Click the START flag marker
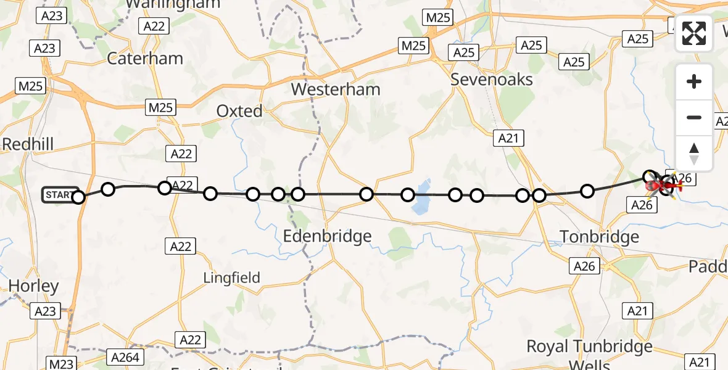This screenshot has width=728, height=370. tap(60, 195)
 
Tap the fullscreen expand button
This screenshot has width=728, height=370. tap(694, 33)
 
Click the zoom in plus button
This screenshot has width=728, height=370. tap(694, 82)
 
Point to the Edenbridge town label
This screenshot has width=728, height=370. tap(327, 236)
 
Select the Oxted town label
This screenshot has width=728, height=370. tap(239, 112)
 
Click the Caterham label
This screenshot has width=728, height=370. tap(145, 59)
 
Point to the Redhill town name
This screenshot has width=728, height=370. tap(28, 144)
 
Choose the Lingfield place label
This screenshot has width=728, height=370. tap(232, 278)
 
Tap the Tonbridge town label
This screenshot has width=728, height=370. tap(590, 236)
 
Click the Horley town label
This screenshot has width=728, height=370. tap(34, 286)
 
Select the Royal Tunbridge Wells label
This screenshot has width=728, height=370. tap(589, 354)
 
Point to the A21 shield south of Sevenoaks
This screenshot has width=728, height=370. tap(508, 139)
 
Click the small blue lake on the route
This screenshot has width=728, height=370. tap(421, 197)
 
